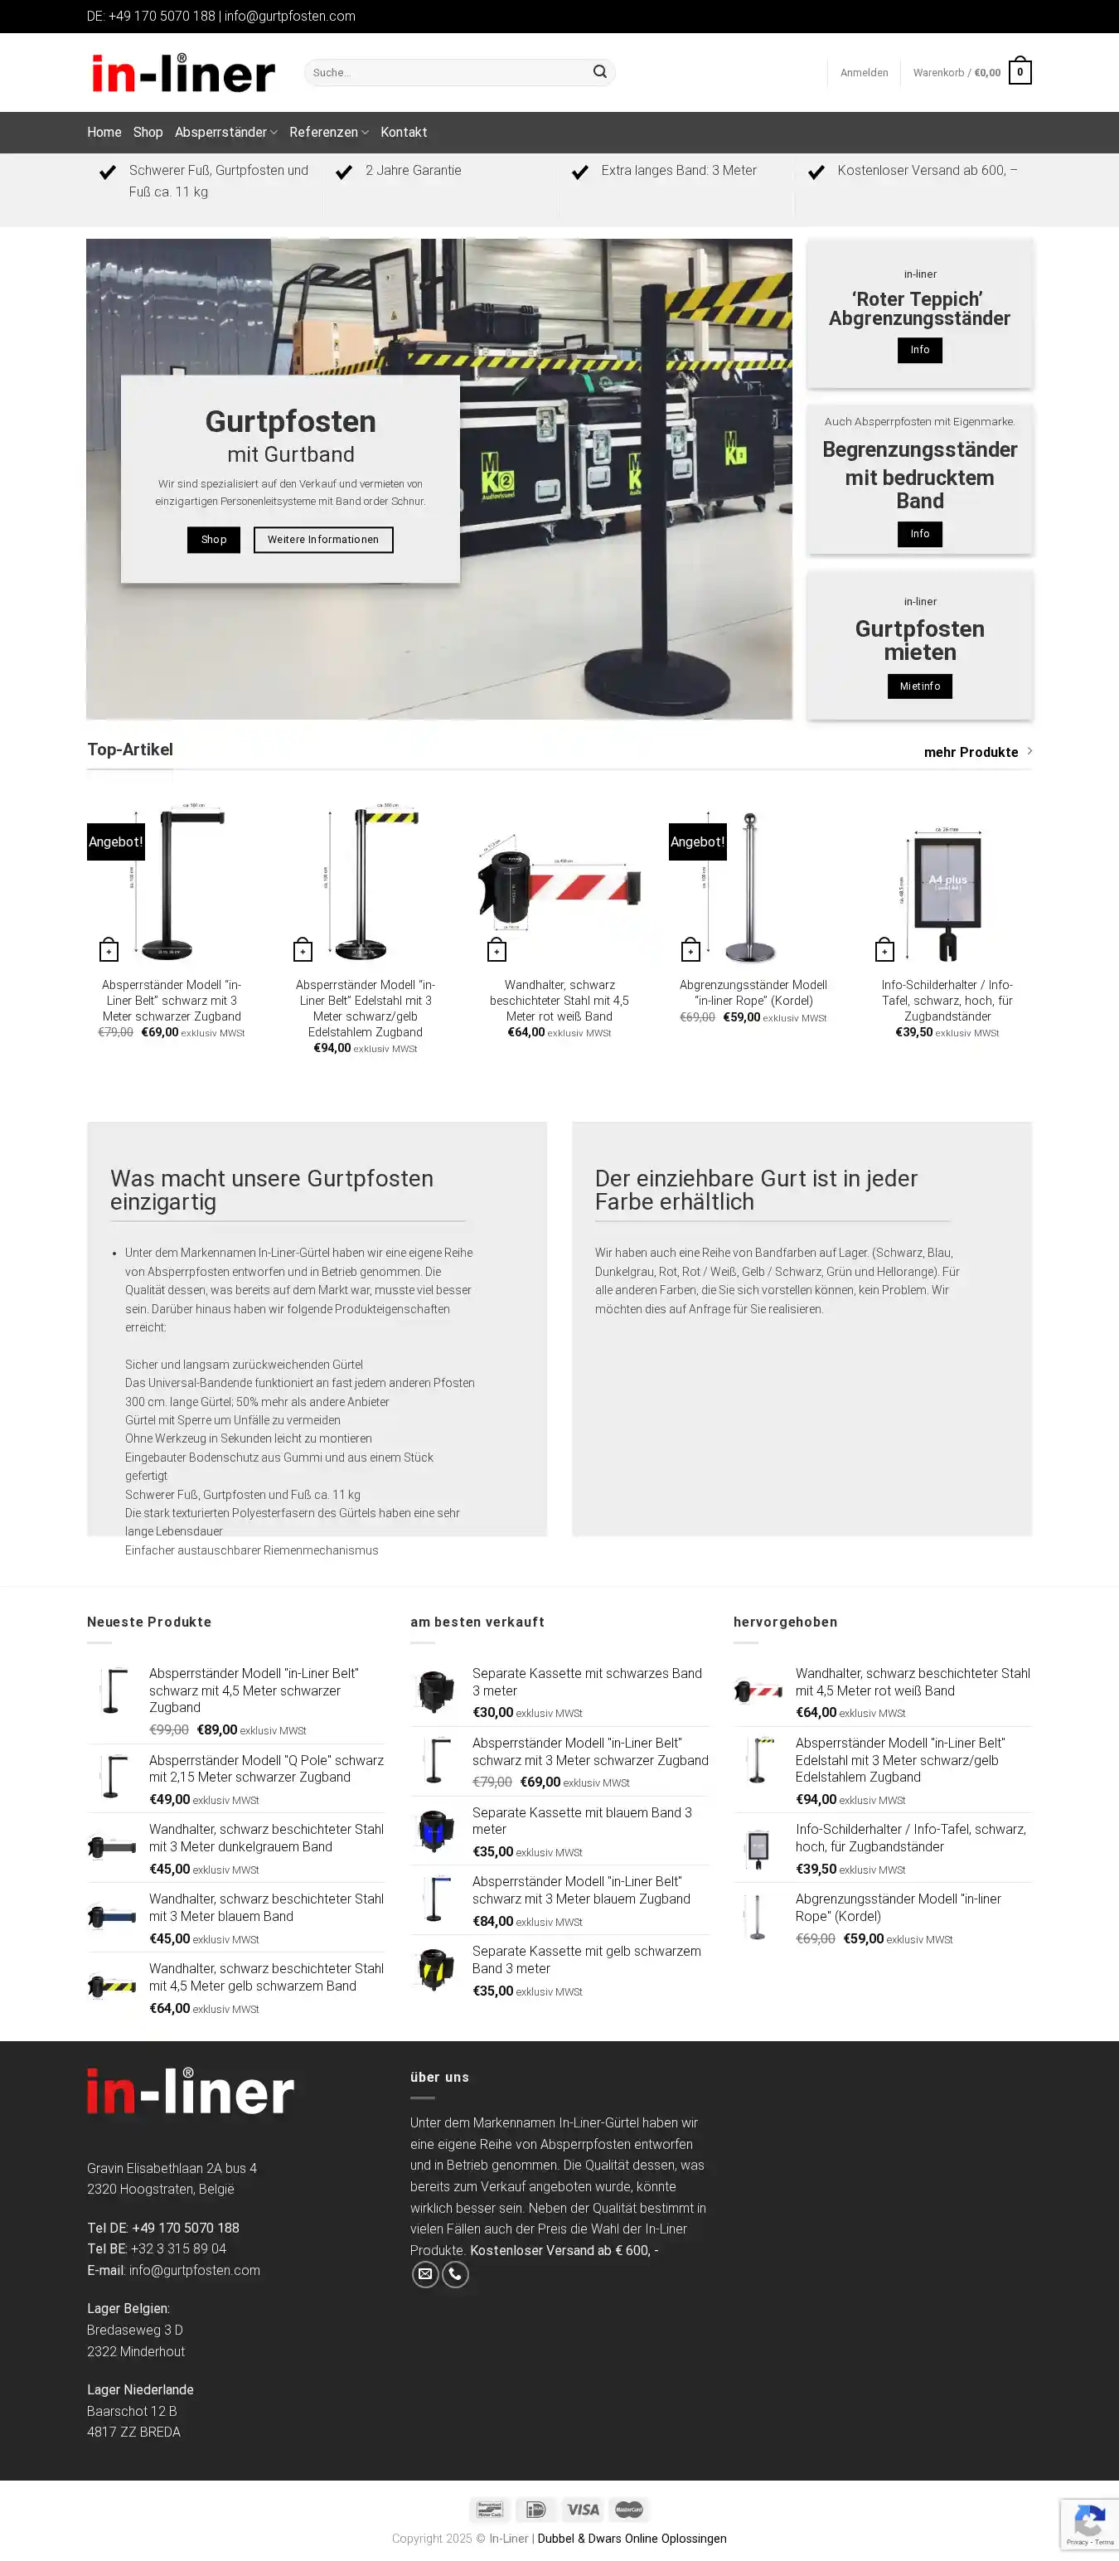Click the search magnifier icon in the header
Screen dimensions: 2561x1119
[x=599, y=71]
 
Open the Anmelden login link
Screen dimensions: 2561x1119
[x=864, y=73]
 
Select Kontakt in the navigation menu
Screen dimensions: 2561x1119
[x=404, y=132]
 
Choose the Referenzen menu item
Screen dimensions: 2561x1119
[x=324, y=132]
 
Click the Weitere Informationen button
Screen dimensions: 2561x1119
[x=323, y=540]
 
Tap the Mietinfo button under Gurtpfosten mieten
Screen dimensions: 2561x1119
[x=919, y=686]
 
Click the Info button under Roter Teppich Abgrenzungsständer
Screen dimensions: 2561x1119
[x=919, y=350]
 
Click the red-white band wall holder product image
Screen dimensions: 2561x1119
[x=559, y=885]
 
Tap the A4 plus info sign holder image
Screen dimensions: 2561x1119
[x=947, y=885]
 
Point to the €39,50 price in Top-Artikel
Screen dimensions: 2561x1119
[x=913, y=1032]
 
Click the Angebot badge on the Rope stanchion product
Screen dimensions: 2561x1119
[x=698, y=842]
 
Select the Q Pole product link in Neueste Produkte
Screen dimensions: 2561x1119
[x=265, y=1768]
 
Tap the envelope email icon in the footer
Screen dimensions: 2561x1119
[x=425, y=2273]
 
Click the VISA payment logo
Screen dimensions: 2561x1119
[x=583, y=2510]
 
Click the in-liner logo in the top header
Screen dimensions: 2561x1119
[x=183, y=73]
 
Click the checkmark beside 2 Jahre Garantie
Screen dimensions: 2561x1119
[x=344, y=172]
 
